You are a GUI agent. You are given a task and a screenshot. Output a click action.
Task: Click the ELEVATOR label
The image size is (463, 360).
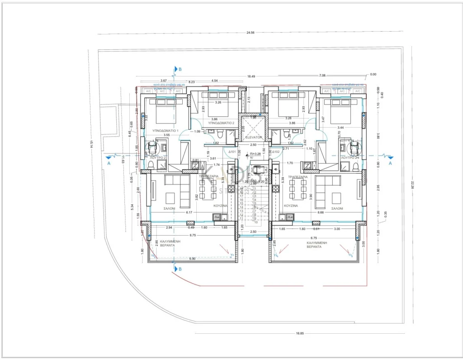[253, 137]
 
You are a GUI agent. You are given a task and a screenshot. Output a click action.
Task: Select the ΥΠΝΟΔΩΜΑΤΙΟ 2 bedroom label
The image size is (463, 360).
[221, 123]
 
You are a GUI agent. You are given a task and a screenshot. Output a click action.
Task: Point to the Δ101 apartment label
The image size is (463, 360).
[232, 152]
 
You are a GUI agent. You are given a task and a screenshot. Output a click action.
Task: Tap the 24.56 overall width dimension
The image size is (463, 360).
[251, 33]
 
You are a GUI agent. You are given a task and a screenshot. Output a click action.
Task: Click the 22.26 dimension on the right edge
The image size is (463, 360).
[412, 185]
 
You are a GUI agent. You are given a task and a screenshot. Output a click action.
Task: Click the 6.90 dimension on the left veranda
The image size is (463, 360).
[193, 258]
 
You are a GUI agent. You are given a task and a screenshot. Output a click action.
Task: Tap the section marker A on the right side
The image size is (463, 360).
[390, 164]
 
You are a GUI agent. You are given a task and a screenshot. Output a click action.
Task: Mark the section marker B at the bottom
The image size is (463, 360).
[180, 270]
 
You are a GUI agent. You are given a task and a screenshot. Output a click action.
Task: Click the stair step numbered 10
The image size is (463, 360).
[256, 223]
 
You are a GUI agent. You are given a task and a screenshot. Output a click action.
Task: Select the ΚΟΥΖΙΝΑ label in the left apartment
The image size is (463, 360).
[220, 205]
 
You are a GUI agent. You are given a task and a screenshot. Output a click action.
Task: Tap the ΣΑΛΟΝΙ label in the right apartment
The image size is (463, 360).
[336, 208]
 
